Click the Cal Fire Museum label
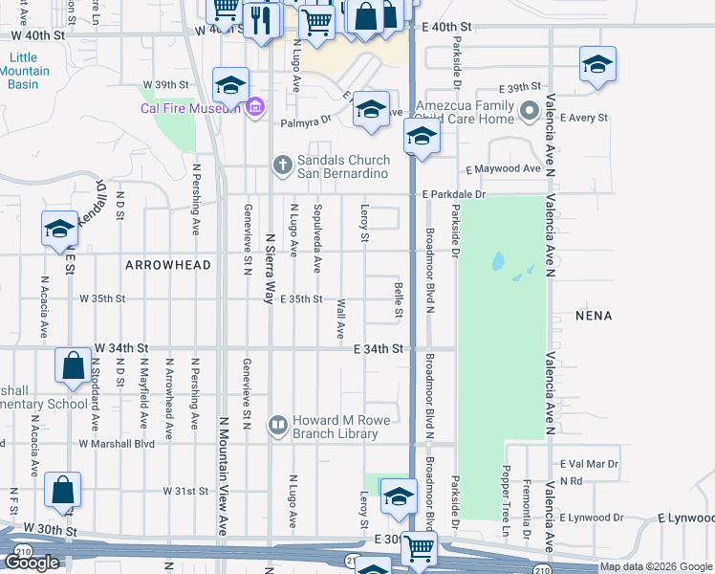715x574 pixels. pos(189,108)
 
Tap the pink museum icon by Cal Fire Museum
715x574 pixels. pos(254,108)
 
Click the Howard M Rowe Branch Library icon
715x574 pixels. pos(278,423)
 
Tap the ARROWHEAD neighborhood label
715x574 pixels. pos(166,264)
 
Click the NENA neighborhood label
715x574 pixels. pos(593,315)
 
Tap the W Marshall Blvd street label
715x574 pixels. pos(117,444)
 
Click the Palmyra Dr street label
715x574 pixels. pos(305,122)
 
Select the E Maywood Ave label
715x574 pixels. pos(503,169)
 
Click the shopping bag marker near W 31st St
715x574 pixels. pos(62,490)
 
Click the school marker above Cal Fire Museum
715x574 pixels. pos(230,86)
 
